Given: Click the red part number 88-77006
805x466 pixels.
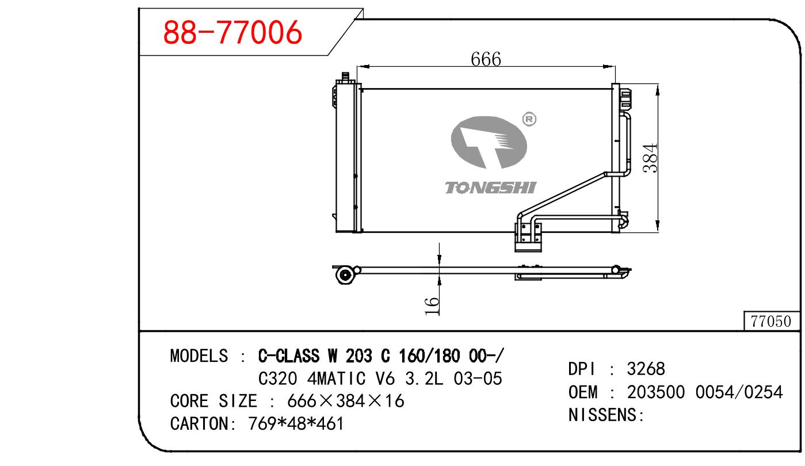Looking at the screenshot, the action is coord(232,32).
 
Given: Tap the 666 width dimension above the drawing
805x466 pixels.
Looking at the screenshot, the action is coord(486,59).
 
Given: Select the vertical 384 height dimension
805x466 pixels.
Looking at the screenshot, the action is coord(650,158).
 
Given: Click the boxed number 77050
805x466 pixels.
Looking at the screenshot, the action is coord(771,322).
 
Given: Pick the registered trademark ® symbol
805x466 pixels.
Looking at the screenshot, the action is coord(529,119).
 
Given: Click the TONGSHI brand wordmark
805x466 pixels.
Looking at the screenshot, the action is coord(491,188).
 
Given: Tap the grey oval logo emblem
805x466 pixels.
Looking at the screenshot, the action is coord(489,142).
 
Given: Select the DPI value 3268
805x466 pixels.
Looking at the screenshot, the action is coord(646,369).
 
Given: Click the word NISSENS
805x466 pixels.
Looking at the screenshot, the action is coord(602,415).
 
